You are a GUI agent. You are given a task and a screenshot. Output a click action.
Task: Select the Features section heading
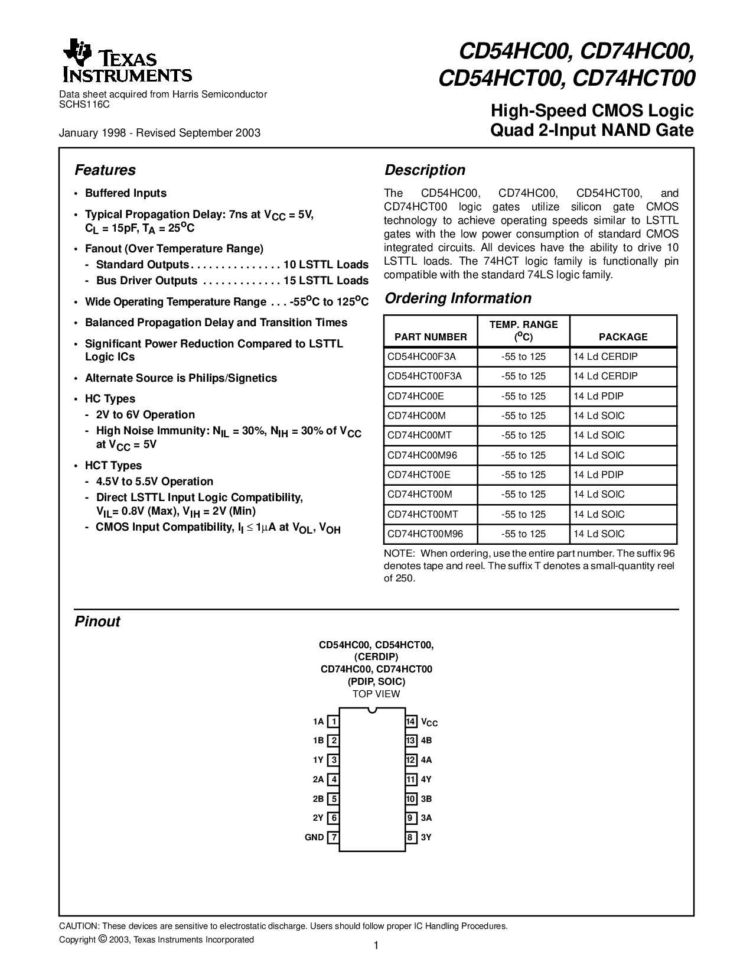coord(105,170)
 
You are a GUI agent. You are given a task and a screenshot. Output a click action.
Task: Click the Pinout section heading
coord(97,622)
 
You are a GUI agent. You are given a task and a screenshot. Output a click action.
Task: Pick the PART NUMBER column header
coord(431,337)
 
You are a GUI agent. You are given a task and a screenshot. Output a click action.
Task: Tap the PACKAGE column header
coord(623,337)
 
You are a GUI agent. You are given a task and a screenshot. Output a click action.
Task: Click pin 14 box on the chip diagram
coord(411,721)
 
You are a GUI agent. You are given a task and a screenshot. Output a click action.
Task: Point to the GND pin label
coord(314,837)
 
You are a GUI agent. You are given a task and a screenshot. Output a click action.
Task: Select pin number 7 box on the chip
coord(334,837)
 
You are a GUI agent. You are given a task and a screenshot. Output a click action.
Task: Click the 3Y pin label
coord(426,837)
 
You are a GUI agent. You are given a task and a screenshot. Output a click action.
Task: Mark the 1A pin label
coord(318,721)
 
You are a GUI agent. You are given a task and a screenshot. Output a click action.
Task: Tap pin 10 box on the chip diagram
coord(411,799)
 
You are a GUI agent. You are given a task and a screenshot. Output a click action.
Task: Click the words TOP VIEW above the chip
coord(376,694)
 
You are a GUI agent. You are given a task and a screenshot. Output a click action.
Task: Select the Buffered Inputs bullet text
coord(126,193)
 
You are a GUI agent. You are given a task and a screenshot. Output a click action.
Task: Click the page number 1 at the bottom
coord(376,946)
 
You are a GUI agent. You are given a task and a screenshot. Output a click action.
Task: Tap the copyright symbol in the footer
coord(102,939)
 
